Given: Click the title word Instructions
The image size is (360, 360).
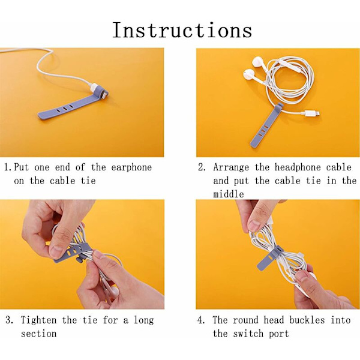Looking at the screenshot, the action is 182,30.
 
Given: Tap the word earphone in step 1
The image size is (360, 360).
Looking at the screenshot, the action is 131,167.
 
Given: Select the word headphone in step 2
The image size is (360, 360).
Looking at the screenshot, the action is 298,167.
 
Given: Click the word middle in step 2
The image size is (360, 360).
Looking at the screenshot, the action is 229,194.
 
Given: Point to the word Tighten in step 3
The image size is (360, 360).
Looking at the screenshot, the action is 38,320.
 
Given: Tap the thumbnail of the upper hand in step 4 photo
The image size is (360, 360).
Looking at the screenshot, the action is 254,225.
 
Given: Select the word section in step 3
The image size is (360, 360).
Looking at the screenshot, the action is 38,334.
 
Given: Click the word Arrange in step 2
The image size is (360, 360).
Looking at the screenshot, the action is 231,168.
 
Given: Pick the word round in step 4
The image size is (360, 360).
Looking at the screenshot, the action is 245,320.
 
